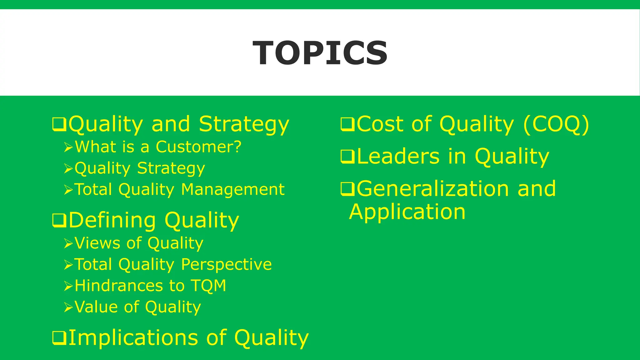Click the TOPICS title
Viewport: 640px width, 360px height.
[320, 53]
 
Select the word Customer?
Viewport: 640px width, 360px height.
[199, 147]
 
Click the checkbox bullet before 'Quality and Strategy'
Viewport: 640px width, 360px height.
[59, 124]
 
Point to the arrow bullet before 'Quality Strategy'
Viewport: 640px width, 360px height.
[68, 168]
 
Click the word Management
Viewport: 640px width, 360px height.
[233, 189]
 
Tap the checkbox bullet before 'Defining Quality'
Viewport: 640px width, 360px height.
[59, 220]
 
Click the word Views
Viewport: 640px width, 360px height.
[97, 243]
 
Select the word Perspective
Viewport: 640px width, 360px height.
[227, 264]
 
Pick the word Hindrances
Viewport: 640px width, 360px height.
[119, 286]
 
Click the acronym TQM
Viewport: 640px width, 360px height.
[208, 286]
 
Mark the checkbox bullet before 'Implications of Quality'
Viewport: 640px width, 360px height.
[59, 338]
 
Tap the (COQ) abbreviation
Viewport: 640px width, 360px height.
[556, 124]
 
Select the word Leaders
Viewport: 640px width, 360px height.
[398, 157]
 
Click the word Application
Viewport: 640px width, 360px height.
[407, 212]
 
